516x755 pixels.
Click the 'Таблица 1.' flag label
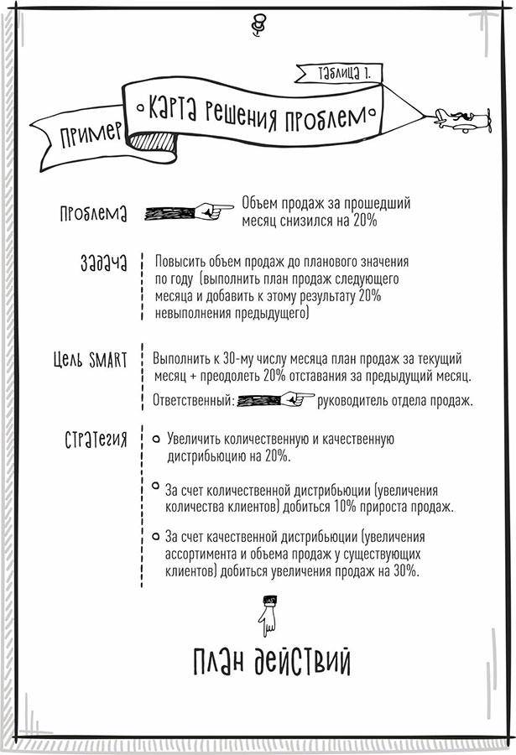pos(344,73)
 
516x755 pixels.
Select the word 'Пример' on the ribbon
pos(91,135)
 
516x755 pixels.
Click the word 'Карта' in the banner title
pos(173,107)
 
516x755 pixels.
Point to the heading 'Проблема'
pos(93,213)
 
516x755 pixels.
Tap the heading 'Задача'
pos(103,263)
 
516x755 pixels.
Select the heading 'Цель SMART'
pos(90,360)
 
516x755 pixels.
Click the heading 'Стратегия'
pos(96,440)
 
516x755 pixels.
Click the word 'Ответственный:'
pos(194,400)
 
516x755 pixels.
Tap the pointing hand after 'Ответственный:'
pos(275,399)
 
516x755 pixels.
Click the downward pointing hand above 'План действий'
pos(268,616)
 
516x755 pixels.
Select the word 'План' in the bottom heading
pos(219,662)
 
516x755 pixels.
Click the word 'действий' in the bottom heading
pos(302,661)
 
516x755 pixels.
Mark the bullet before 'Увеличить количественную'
pos(156,439)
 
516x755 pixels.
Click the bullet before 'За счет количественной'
pos(155,486)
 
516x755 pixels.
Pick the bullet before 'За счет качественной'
pos(155,536)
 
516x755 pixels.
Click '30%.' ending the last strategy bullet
pos(406,571)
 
